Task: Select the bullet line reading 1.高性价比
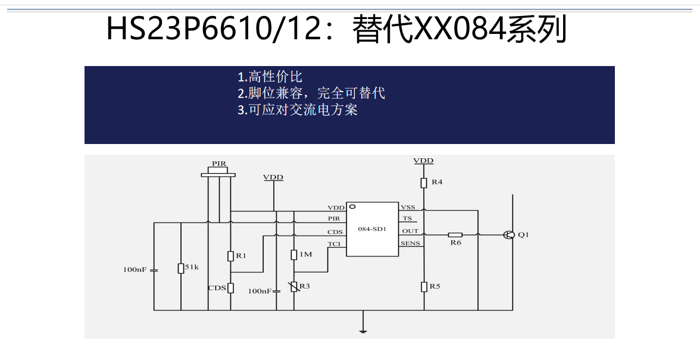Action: (270, 77)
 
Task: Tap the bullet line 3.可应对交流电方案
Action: (297, 110)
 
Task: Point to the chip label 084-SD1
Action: (371, 229)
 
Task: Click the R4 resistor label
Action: (437, 181)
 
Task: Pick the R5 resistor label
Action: (435, 286)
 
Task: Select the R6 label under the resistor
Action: (455, 243)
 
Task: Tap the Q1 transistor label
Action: (523, 235)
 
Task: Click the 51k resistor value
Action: (192, 267)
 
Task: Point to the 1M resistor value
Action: (305, 254)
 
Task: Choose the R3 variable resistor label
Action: (305, 286)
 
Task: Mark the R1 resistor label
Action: (241, 255)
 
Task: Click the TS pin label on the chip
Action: (407, 218)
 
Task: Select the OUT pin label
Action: (410, 231)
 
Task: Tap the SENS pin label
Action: (410, 243)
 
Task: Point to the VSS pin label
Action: (408, 207)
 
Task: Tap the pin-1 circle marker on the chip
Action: (352, 207)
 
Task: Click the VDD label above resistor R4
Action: (423, 161)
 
